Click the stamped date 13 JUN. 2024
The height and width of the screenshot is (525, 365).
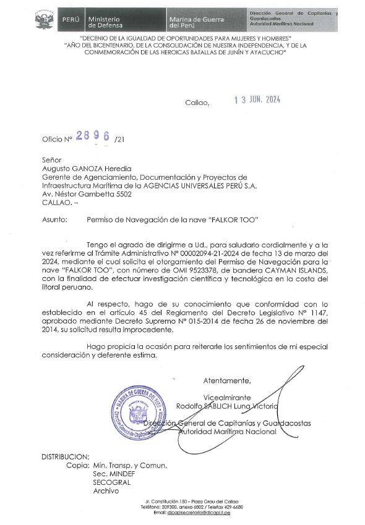(267, 103)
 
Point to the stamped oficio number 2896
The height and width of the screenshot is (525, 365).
(92, 138)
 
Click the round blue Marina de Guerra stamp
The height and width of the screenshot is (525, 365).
(137, 413)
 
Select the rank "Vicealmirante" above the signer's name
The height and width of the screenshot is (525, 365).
(228, 396)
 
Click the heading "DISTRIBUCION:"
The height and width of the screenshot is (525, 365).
(66, 456)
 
